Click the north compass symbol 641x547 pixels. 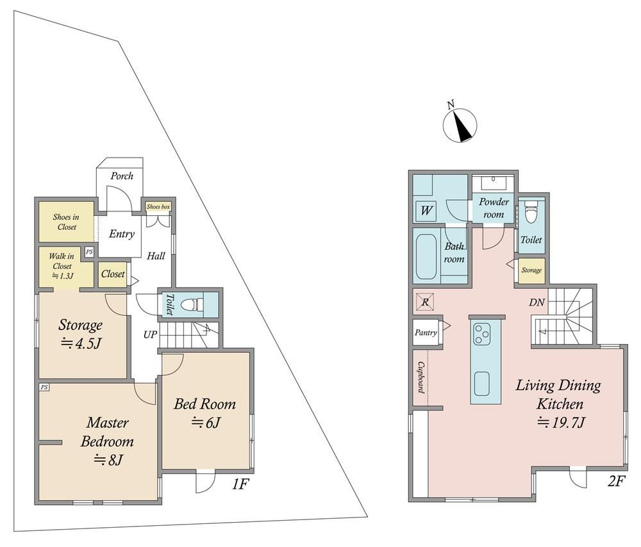460,125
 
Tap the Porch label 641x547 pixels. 122,176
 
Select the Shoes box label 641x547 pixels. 158,207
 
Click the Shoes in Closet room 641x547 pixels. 67,222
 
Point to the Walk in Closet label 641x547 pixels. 62,266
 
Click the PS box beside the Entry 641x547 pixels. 89,252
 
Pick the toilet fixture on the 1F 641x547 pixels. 192,304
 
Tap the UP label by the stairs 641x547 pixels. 150,334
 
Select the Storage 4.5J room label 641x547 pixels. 81,334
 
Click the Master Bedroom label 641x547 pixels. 108,441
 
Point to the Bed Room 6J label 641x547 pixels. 205,412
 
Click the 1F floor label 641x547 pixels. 240,484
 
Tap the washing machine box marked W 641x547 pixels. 426,210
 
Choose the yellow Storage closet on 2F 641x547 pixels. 532,270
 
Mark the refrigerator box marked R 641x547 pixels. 425,302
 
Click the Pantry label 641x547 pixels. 426,332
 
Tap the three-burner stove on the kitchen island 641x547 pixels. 481,333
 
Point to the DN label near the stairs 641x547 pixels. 537,302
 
